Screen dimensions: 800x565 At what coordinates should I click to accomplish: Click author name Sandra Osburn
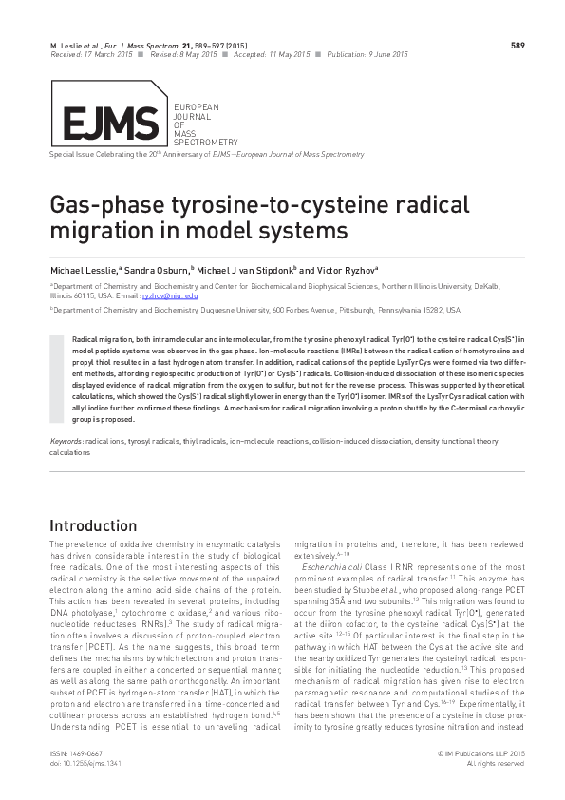[151, 269]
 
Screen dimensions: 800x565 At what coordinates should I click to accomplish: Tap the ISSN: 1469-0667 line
[77, 780]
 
